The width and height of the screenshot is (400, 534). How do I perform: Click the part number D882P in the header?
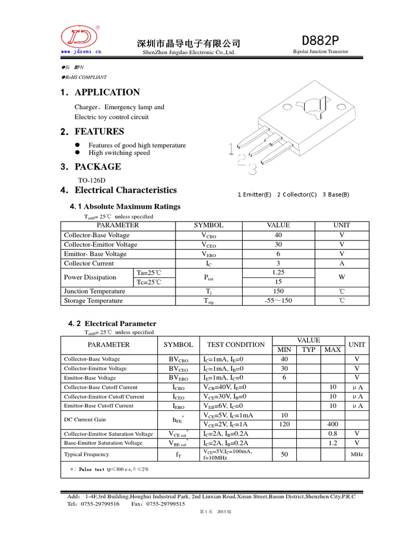coord(320,41)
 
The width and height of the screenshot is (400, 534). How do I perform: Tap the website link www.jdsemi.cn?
coord(81,52)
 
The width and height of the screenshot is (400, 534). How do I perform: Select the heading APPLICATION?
coord(107,92)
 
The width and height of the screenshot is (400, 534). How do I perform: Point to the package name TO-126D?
coord(91,180)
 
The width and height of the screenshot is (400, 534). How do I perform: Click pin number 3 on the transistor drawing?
coord(252,169)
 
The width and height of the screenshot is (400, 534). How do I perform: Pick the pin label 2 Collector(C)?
coord(296,195)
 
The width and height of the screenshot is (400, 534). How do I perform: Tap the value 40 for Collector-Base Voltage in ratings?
coord(278,235)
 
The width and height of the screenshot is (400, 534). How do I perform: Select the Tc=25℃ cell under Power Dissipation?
coord(149,282)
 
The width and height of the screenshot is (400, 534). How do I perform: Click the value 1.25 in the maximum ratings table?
coord(278,273)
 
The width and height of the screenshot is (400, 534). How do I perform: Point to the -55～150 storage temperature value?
coord(278,301)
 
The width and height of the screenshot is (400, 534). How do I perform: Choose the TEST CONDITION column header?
coord(235,345)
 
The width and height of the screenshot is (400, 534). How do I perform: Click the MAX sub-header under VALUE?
coord(332,349)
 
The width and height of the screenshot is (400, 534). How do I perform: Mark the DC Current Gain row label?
coord(85,419)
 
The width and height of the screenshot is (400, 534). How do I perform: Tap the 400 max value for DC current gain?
coord(333,424)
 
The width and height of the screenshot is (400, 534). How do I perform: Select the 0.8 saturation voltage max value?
coord(333,434)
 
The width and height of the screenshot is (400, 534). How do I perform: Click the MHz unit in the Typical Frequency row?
coord(357,455)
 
